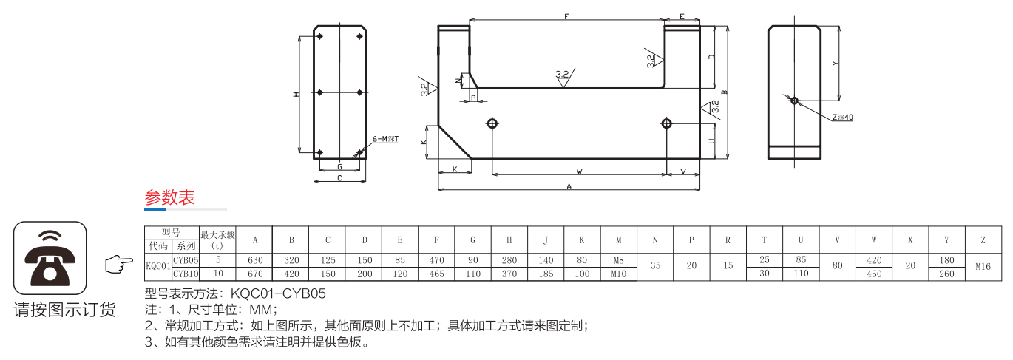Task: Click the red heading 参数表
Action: (x=169, y=198)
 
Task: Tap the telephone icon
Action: (x=50, y=257)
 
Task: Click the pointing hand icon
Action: (x=114, y=263)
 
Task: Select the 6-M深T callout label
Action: (x=384, y=139)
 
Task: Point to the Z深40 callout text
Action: (x=842, y=118)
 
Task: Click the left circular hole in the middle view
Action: (x=492, y=123)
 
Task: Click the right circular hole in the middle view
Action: (x=666, y=123)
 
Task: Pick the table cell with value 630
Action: (x=255, y=260)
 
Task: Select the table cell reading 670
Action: (x=255, y=274)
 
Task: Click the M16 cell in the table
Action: (x=983, y=267)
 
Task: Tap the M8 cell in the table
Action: (x=619, y=260)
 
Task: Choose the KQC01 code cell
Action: (x=158, y=266)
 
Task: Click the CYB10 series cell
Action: (x=186, y=274)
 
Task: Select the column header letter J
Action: (x=546, y=240)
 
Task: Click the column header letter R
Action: (x=728, y=240)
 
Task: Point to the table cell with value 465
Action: (x=436, y=274)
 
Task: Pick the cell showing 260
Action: (x=946, y=274)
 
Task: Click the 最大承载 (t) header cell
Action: (x=217, y=240)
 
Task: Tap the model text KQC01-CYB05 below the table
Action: (x=278, y=293)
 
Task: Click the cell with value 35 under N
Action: (x=655, y=267)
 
